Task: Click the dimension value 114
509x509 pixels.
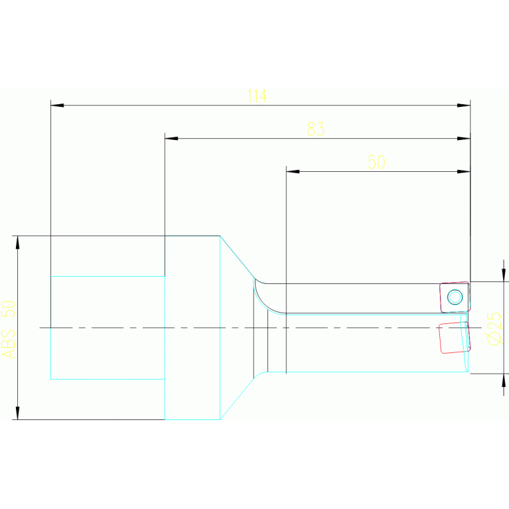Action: coord(257,96)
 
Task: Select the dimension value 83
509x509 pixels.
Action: coord(316,129)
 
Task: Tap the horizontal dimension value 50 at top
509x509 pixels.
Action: coord(376,162)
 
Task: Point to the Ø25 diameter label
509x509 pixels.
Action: coord(494,328)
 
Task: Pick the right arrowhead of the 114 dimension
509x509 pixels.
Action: coord(464,106)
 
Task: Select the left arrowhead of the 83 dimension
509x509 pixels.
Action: coord(171,139)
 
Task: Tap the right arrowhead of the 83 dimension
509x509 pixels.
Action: coord(464,139)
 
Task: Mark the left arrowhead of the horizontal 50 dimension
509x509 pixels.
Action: coord(293,172)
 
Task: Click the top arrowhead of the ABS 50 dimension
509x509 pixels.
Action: coord(17,242)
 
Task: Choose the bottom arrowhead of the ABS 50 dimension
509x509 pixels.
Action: coord(17,413)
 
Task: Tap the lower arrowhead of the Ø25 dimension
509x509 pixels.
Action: coord(504,380)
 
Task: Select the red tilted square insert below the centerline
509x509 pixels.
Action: coord(455,337)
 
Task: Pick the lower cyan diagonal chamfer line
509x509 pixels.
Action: coord(240,396)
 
